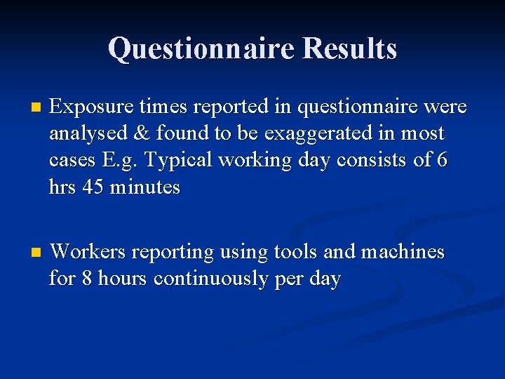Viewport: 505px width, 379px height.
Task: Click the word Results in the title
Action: [x=350, y=48]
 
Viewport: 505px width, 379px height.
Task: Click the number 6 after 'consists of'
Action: [x=441, y=160]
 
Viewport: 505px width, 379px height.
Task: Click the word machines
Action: [x=402, y=251]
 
